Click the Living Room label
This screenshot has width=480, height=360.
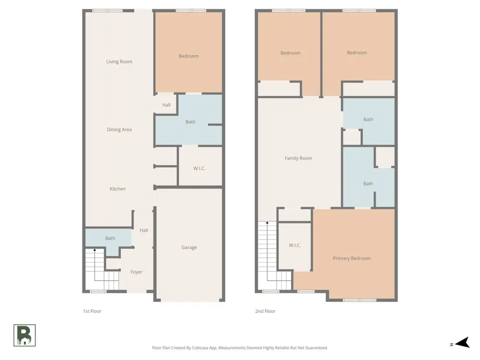coord(120,61)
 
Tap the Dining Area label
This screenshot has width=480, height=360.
coord(120,130)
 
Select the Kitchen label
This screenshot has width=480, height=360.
coord(118,189)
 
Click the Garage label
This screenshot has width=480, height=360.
coord(189,247)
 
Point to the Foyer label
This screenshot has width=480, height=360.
coord(136,272)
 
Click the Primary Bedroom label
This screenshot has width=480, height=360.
coord(352,258)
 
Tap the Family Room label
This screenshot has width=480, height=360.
coord(299,158)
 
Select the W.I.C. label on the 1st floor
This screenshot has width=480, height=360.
coord(199,168)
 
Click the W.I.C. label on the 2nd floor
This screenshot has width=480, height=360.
coord(295,245)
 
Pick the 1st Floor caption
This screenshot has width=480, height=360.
coord(92,311)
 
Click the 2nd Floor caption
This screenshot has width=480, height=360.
coord(265,311)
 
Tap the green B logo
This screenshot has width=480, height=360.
coord(24,336)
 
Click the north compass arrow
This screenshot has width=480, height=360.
coord(462,343)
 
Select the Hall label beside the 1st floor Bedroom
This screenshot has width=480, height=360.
coord(166,105)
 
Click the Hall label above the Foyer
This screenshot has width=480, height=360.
coord(144,230)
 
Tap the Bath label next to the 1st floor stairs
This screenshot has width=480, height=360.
coord(110,238)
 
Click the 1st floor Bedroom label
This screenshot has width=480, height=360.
coord(189,56)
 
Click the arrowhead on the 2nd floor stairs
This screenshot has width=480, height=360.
coord(267,223)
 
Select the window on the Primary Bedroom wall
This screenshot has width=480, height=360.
coord(360,300)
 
